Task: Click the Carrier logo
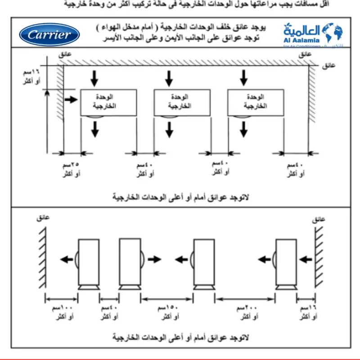[49, 35]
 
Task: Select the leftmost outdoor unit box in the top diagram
[108, 103]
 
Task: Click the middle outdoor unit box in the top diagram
[182, 103]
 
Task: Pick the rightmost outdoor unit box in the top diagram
[256, 103]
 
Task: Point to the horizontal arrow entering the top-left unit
[71, 100]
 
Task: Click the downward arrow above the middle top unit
[169, 78]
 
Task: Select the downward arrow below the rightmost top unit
[243, 129]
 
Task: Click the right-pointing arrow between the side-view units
[154, 259]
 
